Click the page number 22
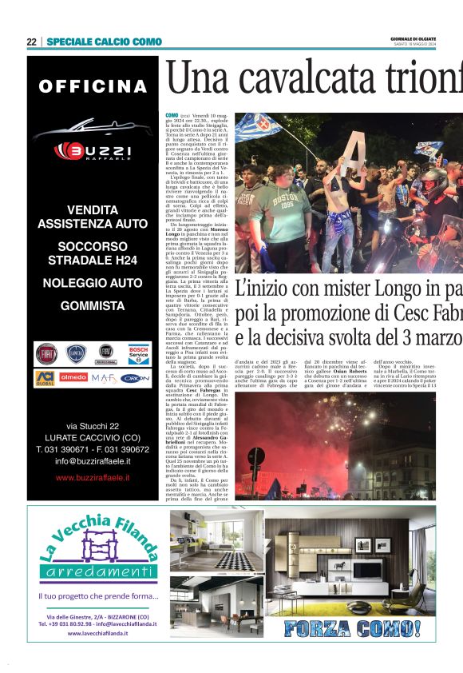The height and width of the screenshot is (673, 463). click(x=31, y=42)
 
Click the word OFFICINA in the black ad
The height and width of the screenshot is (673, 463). click(x=93, y=86)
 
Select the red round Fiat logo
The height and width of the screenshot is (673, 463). click(x=47, y=352)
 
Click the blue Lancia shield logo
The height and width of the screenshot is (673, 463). click(x=77, y=352)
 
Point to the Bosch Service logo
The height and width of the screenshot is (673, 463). click(x=137, y=352)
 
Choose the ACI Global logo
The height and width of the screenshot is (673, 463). click(x=46, y=376)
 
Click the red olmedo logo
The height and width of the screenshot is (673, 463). click(x=74, y=376)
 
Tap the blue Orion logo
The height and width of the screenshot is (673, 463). click(x=136, y=377)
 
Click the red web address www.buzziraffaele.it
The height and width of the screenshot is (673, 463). click(x=93, y=478)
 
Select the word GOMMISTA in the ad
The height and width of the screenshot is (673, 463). click(x=93, y=305)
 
